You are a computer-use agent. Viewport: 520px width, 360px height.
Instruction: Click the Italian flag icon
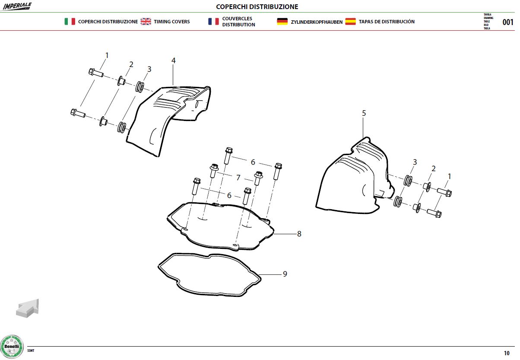pos(70,21)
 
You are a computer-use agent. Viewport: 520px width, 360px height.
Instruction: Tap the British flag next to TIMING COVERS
pos(146,21)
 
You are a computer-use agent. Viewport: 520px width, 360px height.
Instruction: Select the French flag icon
pos(213,21)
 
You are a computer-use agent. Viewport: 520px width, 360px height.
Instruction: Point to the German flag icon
pos(282,21)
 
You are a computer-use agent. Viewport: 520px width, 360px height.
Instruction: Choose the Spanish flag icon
pos(350,21)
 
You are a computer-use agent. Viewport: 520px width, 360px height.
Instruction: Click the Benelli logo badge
pos(12,347)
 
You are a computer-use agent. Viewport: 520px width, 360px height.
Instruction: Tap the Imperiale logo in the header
pos(17,6)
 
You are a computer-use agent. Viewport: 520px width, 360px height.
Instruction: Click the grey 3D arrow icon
pos(28,308)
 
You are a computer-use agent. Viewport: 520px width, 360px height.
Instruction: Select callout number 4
pos(174,61)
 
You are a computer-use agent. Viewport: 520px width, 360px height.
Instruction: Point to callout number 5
pos(364,113)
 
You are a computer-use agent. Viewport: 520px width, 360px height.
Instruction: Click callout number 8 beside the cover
pos(299,234)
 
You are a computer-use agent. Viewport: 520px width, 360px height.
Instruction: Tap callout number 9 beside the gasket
pos(285,274)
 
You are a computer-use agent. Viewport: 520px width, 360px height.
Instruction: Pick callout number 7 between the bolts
pos(238,178)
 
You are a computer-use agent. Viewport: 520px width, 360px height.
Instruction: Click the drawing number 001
pos(508,22)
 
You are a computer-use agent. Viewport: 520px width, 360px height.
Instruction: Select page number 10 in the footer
pos(507,353)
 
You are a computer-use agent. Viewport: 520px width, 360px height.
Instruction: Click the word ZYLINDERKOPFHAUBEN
pos(317,22)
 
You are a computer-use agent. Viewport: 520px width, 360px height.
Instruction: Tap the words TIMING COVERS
pos(172,22)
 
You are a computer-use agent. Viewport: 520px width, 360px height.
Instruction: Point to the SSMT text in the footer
pos(31,350)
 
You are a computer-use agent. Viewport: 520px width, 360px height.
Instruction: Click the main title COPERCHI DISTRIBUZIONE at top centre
pos(257,7)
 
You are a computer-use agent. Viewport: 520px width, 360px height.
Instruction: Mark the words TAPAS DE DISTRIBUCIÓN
pos(387,22)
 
